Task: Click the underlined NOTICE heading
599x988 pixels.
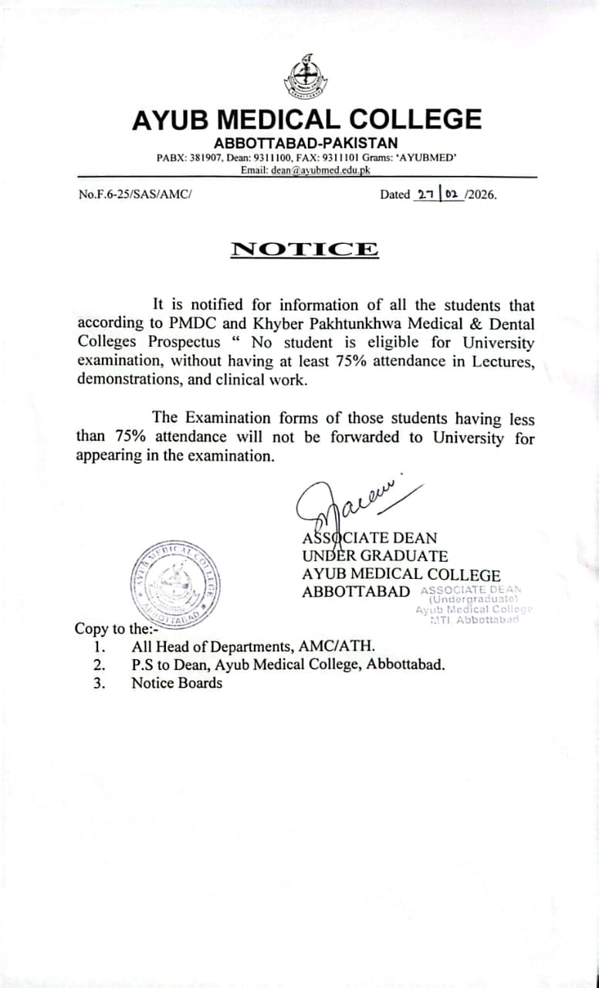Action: [x=305, y=249]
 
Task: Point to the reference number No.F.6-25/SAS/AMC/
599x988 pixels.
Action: [x=134, y=195]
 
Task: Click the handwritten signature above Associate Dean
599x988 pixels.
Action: [x=351, y=502]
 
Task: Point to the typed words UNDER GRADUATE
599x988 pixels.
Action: [x=374, y=556]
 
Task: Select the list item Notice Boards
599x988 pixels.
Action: [x=177, y=683]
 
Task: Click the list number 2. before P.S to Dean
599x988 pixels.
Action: [x=99, y=665]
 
